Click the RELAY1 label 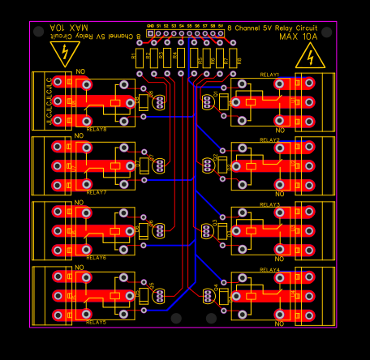[x=269, y=75]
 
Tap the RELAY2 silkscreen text [x=269, y=140]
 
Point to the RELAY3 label [x=269, y=205]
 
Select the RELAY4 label [x=269, y=270]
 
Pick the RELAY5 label [x=96, y=322]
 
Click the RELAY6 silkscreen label [x=96, y=257]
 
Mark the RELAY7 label [x=96, y=193]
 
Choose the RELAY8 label [x=96, y=128]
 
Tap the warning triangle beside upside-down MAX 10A [x=62, y=54]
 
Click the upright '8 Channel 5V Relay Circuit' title [x=272, y=27]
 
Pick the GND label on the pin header [x=150, y=26]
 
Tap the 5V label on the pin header [x=219, y=26]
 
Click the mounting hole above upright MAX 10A [x=325, y=32]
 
